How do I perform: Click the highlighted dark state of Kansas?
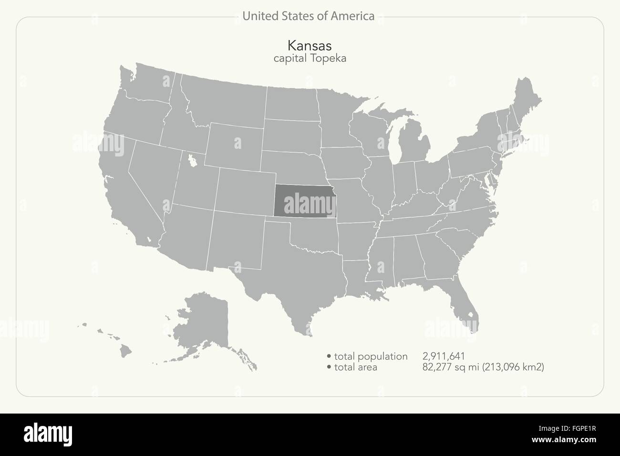coord(304,200)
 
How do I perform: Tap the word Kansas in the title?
coord(310,45)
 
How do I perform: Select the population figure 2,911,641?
coord(444,356)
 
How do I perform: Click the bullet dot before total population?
coord(329,356)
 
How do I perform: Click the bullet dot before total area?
coord(329,367)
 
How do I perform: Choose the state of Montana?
coord(224,100)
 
